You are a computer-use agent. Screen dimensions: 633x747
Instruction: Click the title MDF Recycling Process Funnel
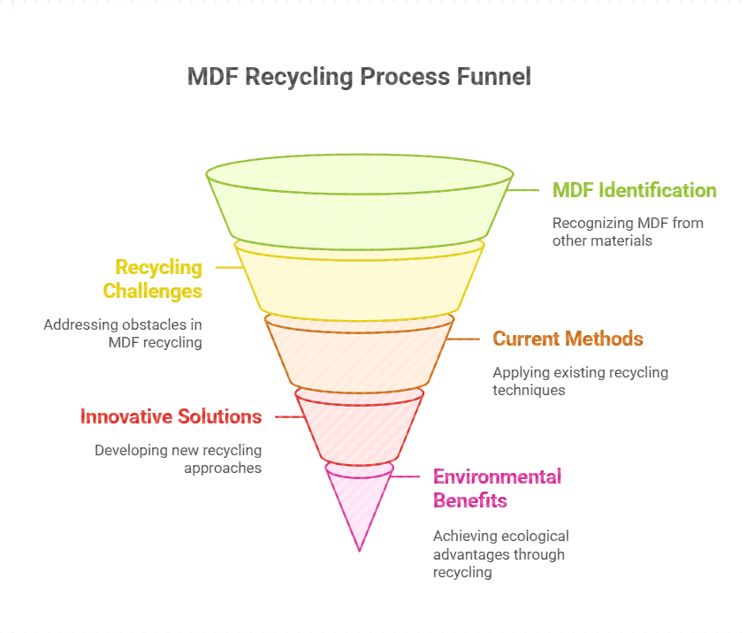point(359,77)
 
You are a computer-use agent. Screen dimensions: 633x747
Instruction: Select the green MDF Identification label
point(634,190)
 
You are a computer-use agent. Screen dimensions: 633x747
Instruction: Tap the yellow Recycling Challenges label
point(152,279)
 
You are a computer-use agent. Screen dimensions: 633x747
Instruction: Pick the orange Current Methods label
point(568,339)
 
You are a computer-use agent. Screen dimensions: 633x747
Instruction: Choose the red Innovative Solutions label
point(171,416)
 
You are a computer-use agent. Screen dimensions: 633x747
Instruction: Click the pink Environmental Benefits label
point(497,488)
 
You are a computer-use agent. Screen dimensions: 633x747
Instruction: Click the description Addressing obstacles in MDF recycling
point(123,333)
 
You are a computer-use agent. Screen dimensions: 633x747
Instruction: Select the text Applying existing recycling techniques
point(580,381)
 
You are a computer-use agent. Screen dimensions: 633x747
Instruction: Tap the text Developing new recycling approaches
point(179,459)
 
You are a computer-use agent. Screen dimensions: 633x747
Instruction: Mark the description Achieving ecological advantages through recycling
point(500,553)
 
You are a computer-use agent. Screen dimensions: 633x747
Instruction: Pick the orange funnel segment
point(359,354)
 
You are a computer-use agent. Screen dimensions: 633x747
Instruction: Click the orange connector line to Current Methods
point(464,339)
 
